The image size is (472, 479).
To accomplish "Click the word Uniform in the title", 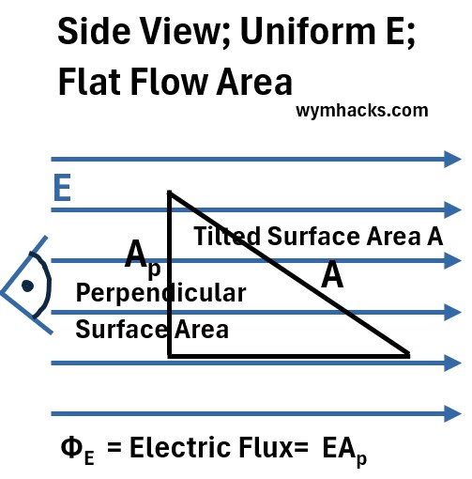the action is point(308,30).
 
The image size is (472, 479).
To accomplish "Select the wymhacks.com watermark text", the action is point(362,111).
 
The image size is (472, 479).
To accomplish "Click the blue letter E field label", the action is point(62,188).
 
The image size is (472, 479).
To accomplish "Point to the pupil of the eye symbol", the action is point(27,286).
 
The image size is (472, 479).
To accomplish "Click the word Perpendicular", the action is point(160,294).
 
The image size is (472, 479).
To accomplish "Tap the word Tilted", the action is point(227,236).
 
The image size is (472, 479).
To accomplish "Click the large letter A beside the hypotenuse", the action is point(332,275).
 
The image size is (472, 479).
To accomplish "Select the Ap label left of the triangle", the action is point(143,258).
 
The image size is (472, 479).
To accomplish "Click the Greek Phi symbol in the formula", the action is point(71,447).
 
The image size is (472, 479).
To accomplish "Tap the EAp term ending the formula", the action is point(344,451).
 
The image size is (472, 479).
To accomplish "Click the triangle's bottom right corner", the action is point(409,355).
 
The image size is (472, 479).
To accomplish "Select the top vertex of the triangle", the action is point(170,192).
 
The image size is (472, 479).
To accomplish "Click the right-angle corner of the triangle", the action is point(170,356).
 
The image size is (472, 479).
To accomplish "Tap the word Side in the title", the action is point(94,31).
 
